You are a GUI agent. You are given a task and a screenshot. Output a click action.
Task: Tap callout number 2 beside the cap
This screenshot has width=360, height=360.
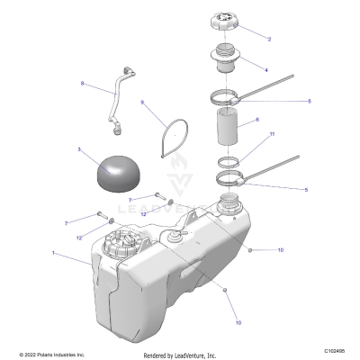click(267, 39)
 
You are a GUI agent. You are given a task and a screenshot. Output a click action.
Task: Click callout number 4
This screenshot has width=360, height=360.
click(265, 69)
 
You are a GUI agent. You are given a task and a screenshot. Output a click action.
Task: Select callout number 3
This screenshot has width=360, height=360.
click(79, 148)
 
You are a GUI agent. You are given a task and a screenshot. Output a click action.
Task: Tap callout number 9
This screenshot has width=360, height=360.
click(142, 103)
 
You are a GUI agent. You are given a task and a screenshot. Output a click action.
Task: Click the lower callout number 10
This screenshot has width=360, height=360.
click(238, 321)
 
